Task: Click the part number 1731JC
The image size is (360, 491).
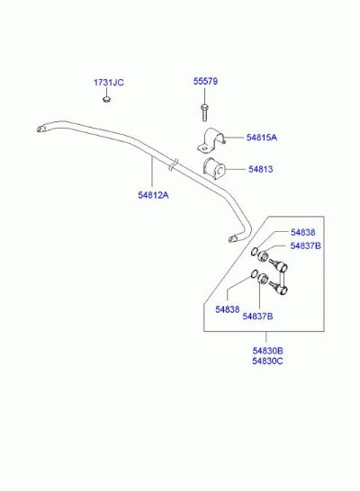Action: [x=109, y=83]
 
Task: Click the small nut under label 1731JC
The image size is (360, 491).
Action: [x=107, y=100]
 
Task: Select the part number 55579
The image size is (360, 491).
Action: [x=205, y=82]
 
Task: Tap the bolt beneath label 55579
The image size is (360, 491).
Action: [x=204, y=112]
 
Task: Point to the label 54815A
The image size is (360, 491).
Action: [x=262, y=138]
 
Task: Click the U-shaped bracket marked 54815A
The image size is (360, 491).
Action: [x=211, y=140]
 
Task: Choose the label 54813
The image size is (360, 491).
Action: [x=261, y=169]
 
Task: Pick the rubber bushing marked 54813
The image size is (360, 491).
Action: [x=214, y=169]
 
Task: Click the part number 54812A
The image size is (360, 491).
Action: [x=153, y=195]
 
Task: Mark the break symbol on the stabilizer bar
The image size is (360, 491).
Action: [x=174, y=165]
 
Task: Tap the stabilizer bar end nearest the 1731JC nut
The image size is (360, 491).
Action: [x=41, y=129]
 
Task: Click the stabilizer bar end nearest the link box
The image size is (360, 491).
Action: [x=233, y=239]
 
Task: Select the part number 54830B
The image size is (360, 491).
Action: [x=267, y=351]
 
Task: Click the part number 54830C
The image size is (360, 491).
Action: [x=267, y=361]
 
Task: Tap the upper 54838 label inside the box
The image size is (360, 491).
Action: [x=303, y=232]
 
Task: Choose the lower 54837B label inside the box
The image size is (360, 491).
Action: [x=257, y=317]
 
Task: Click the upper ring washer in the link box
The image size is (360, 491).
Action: [x=255, y=251]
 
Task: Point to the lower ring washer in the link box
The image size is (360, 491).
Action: [x=254, y=273]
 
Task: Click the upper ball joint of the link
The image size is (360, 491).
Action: [x=283, y=267]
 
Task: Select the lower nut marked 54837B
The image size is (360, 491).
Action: [x=263, y=278]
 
